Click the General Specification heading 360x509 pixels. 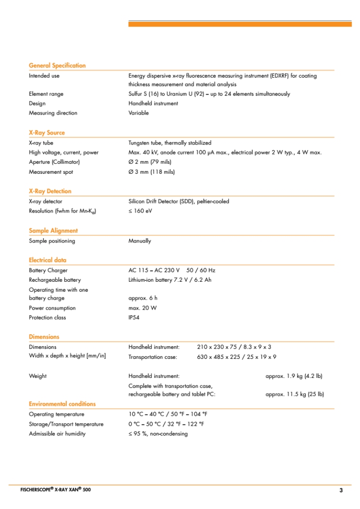coord(57,66)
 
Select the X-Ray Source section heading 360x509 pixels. coord(47,133)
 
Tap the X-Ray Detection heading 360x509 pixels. coord(50,191)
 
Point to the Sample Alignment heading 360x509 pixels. coord(54,231)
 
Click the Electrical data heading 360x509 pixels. coord(48,260)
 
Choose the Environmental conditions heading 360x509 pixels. coord(62,404)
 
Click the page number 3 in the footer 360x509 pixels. coord(341,490)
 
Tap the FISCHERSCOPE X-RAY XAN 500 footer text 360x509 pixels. coord(55,490)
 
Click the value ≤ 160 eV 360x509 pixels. coord(140,211)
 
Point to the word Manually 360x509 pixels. coord(140,241)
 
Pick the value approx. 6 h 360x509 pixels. coord(143,298)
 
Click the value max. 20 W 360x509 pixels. coord(143,308)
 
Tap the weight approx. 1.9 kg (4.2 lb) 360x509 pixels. coord(294,376)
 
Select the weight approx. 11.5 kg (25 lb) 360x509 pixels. coord(295,394)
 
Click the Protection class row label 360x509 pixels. coord(47,318)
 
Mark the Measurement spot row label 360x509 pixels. coord(51,172)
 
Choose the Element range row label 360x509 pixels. coord(46,94)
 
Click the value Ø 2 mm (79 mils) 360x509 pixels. coord(150,162)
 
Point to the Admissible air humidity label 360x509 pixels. coord(57,434)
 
